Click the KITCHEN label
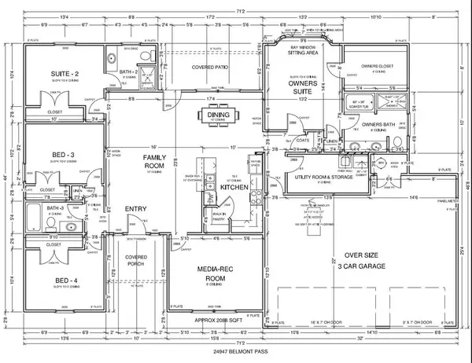point(234,189)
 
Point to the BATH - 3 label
point(54,208)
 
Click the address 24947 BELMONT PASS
point(236,350)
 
